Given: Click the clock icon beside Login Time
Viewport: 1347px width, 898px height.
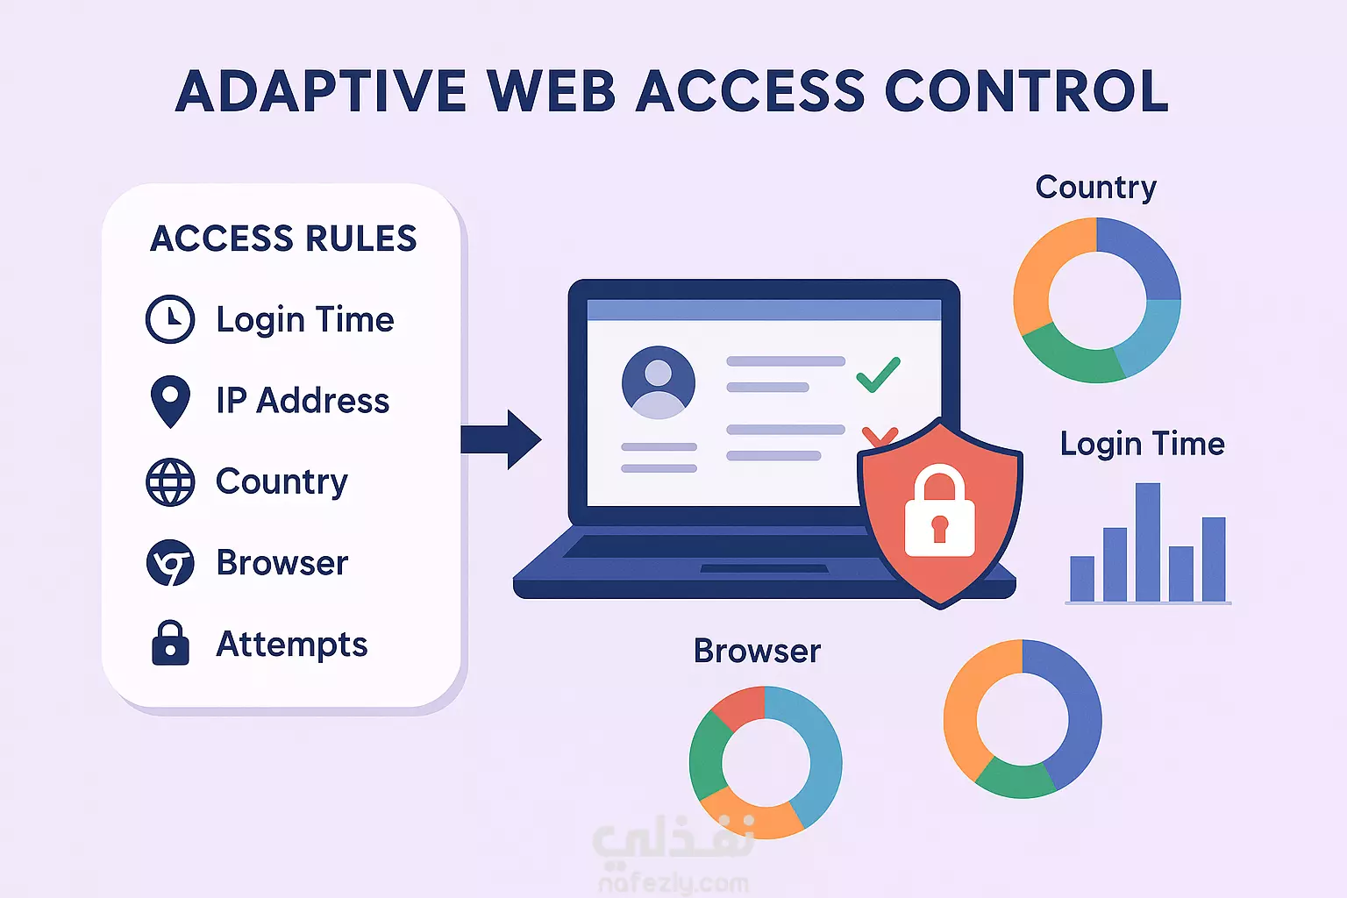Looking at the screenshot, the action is [x=170, y=319].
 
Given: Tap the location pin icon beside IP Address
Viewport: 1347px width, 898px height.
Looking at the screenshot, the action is [x=171, y=402].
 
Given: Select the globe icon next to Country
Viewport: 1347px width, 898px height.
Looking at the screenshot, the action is [x=170, y=481].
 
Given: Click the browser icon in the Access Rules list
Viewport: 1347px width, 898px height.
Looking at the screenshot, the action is [x=170, y=562].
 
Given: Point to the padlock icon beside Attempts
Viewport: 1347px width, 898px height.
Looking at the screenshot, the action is [x=171, y=643].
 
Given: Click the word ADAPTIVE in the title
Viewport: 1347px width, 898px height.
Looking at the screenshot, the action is [x=320, y=91].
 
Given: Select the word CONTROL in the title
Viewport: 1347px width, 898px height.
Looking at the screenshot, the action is [x=1027, y=91].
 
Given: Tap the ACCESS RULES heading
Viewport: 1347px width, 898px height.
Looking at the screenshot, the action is [x=283, y=238].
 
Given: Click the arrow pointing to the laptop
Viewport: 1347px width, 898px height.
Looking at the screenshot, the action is [x=501, y=439].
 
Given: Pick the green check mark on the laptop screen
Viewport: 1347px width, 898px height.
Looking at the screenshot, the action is [x=878, y=374].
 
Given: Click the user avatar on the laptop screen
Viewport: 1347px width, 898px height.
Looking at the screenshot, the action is [x=659, y=382].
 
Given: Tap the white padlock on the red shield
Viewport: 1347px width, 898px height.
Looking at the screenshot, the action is [x=939, y=513].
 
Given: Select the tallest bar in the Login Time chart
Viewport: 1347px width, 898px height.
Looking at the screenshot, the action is [x=1147, y=542].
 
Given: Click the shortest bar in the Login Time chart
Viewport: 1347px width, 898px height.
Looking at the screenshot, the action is [x=1082, y=579].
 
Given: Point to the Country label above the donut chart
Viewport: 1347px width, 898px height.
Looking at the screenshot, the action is [x=1095, y=187].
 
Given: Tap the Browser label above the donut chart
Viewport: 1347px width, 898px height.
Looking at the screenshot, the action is [x=757, y=650].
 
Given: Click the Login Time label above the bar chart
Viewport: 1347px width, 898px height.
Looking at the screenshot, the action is [x=1142, y=444].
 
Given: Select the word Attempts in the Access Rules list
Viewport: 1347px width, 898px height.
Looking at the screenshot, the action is [x=292, y=645].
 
